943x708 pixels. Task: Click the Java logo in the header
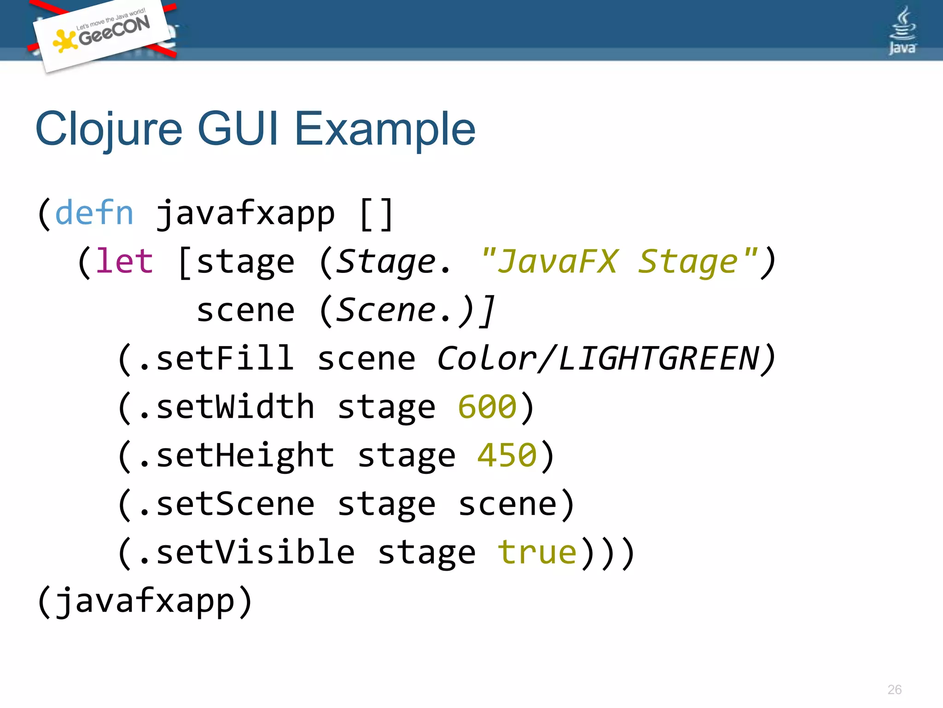pyautogui.click(x=902, y=31)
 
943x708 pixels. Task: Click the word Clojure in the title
pyautogui.click(x=109, y=130)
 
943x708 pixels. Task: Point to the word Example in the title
pyautogui.click(x=384, y=130)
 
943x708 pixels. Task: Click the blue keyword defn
pyautogui.click(x=94, y=213)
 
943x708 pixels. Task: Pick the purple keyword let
pyautogui.click(x=124, y=261)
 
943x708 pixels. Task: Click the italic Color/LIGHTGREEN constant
pyautogui.click(x=599, y=359)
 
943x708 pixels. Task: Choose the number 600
pyautogui.click(x=487, y=407)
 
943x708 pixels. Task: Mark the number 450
pyautogui.click(x=507, y=455)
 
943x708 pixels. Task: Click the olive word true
pyautogui.click(x=537, y=552)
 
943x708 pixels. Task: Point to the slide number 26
pyautogui.click(x=894, y=690)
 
